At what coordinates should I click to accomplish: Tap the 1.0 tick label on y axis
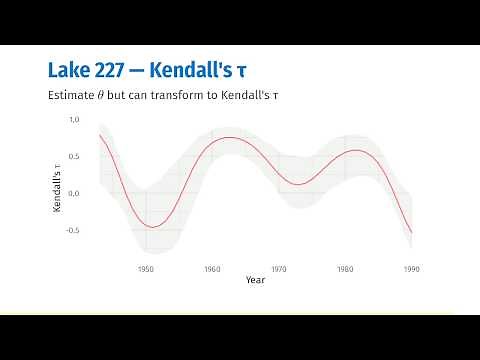point(74,119)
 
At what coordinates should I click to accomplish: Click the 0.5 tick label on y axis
point(74,156)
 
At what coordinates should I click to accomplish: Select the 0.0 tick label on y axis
point(74,193)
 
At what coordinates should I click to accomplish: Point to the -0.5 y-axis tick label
point(73,230)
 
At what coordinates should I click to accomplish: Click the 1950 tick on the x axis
point(146,269)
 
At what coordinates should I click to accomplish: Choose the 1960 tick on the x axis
point(212,269)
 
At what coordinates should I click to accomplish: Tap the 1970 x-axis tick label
point(279,269)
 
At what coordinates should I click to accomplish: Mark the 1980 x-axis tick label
point(345,269)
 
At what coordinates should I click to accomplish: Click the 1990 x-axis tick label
point(411,269)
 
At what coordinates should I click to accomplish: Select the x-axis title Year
point(255,281)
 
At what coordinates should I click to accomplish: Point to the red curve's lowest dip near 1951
point(152,227)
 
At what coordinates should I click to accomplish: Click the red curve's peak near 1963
point(230,137)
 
